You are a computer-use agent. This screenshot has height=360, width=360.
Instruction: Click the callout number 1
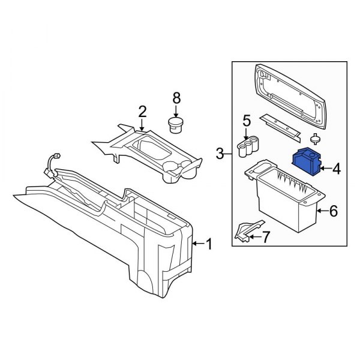tap(209, 244)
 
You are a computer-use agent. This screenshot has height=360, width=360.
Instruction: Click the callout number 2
tap(142, 111)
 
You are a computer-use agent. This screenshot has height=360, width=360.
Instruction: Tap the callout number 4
tap(336, 169)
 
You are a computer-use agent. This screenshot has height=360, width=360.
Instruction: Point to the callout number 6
tap(334, 211)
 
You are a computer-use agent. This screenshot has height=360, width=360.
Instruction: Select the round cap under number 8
tap(176, 125)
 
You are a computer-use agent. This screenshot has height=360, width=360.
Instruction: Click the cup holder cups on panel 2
tap(180, 169)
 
